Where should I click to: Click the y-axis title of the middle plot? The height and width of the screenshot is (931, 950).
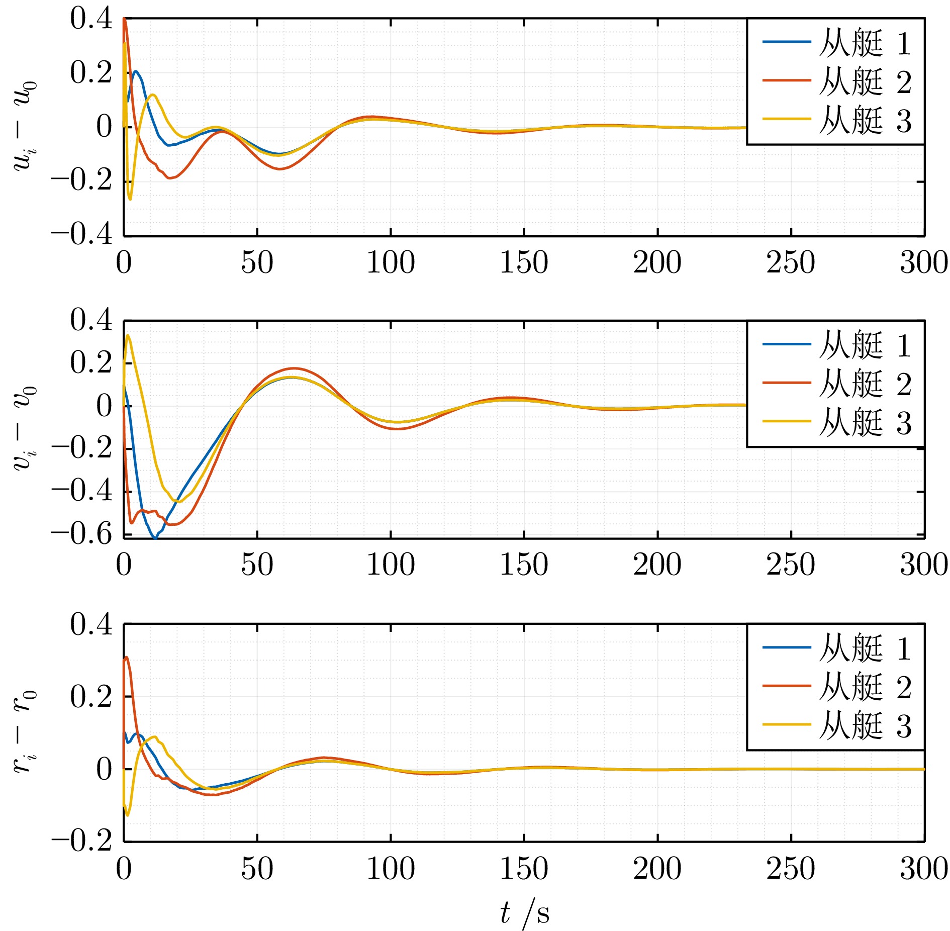tap(24, 428)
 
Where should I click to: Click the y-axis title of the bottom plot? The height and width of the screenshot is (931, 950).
tap(24, 732)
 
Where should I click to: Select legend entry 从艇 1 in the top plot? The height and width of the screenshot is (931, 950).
tap(865, 43)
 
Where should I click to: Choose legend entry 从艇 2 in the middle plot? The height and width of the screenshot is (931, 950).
tap(865, 384)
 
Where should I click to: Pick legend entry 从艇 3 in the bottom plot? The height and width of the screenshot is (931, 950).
tap(865, 726)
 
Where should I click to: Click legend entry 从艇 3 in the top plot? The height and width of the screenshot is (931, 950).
tap(865, 121)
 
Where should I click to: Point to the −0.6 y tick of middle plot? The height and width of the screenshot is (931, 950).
tap(81, 534)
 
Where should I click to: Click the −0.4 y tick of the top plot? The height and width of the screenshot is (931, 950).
tap(81, 234)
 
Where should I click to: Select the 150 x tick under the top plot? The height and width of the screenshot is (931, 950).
tap(524, 262)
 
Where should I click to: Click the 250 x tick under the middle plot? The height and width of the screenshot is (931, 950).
tap(791, 565)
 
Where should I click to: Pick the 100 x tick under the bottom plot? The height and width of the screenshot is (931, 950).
tap(391, 869)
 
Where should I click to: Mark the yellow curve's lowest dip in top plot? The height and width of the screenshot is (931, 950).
tap(130, 199)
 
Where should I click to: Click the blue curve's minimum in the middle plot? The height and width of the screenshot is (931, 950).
tap(155, 538)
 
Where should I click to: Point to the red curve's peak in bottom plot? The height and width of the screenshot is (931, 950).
tap(127, 657)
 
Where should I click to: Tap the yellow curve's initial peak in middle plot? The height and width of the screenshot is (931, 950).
tap(128, 335)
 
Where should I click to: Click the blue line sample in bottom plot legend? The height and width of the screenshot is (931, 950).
tap(787, 647)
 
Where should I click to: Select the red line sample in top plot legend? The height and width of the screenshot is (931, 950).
tap(787, 80)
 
